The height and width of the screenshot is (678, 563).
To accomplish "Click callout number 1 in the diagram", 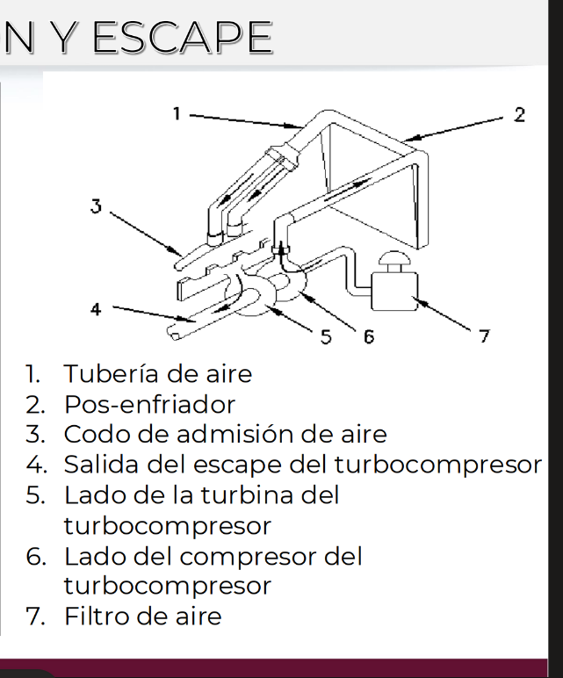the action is coord(176,113).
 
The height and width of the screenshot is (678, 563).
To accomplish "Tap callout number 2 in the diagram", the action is coord(519,114).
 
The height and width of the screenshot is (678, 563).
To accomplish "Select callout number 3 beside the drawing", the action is coord(96,206).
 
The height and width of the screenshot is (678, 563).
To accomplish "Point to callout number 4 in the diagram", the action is coord(96,309).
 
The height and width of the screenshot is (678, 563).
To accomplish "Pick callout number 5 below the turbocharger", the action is coord(326,336).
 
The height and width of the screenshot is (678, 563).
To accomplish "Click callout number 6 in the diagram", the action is coord(368,336).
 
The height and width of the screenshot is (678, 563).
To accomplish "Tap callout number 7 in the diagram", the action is coord(484,336).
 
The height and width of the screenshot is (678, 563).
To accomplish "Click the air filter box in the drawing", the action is coord(394,291).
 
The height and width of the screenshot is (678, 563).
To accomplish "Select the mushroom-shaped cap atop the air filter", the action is coord(393,259).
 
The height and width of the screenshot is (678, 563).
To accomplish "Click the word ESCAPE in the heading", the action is coord(183,38).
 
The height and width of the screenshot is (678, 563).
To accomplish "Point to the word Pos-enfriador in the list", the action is coord(149,405).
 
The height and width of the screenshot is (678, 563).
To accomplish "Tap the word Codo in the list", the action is coord(98,434).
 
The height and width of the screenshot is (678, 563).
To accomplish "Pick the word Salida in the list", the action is coord(104,465).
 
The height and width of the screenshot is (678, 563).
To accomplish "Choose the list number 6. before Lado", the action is coord(35,556).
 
